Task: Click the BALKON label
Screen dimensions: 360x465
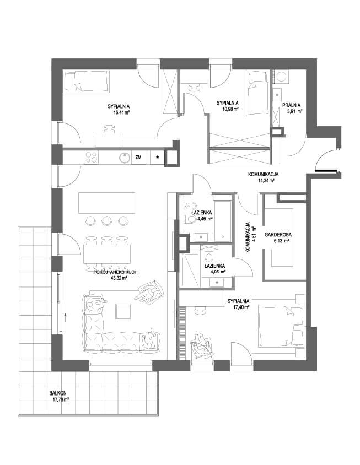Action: (58, 393)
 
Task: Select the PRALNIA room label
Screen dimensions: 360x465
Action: (292, 105)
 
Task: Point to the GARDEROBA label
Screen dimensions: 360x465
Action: (278, 235)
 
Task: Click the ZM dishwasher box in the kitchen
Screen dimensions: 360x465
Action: (138, 158)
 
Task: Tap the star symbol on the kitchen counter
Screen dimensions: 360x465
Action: (158, 158)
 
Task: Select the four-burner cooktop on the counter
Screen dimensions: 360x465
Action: (91, 158)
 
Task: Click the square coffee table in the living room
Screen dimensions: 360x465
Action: (123, 311)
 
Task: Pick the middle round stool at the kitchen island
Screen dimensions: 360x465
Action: (106, 220)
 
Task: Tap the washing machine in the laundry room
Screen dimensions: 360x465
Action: (281, 77)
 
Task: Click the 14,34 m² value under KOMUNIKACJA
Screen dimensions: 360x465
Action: (265, 180)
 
